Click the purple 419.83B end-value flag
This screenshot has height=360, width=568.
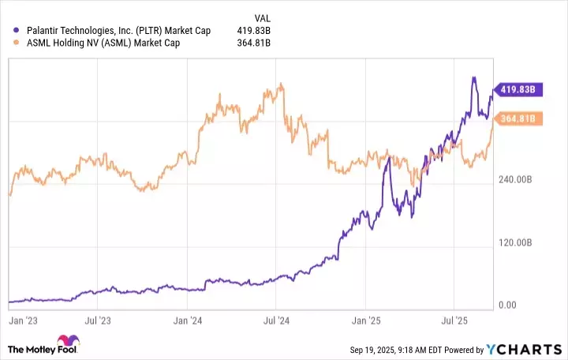(518, 90)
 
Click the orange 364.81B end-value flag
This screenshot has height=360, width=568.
(518, 119)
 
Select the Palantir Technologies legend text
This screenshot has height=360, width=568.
(118, 30)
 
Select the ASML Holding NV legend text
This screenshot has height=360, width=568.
(103, 43)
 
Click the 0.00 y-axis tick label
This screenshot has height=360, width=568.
(509, 305)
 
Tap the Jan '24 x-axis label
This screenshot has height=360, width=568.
(189, 322)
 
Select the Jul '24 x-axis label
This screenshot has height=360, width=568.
(275, 322)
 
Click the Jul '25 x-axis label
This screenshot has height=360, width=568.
(454, 322)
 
